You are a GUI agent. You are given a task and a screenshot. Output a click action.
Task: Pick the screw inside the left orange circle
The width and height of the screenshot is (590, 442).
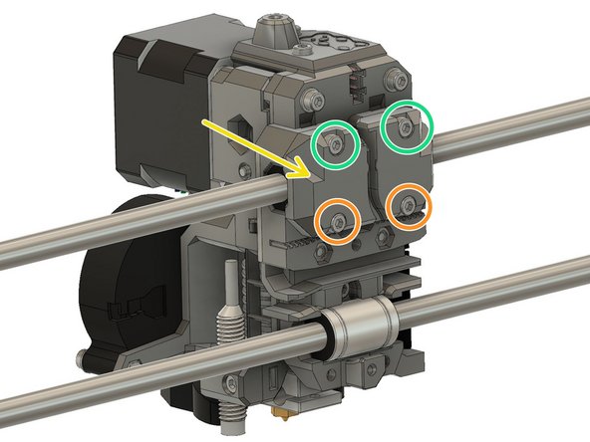(340, 219)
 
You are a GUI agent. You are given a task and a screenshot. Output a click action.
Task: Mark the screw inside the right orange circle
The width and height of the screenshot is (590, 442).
(410, 205)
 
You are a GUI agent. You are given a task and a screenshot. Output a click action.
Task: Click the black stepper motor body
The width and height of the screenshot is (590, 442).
(164, 110)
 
